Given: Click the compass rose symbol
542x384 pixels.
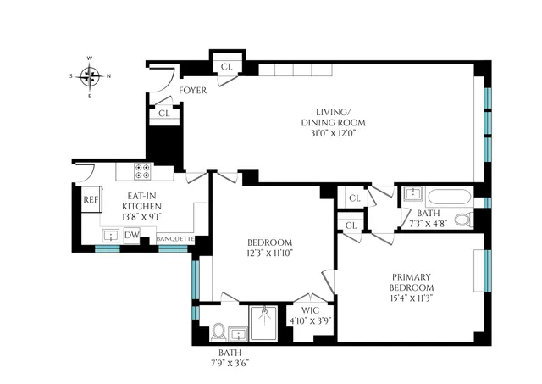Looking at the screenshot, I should pos(90,77).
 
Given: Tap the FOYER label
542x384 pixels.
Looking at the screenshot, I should pos(192,91).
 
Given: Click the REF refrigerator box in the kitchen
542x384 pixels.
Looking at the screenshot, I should pos(91,199).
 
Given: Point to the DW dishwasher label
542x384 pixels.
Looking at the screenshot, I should pos(132,236).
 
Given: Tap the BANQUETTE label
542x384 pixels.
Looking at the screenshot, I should pos(176,239).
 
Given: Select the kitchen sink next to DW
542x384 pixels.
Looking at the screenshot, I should pos(109,235).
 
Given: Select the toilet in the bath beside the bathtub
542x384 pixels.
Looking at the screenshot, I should pos(463,220).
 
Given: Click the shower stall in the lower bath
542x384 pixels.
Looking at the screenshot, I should pos(264,323).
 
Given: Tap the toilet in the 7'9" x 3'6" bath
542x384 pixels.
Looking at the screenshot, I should pos(218,330).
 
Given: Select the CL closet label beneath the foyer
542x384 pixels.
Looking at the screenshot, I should pos(163,113).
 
